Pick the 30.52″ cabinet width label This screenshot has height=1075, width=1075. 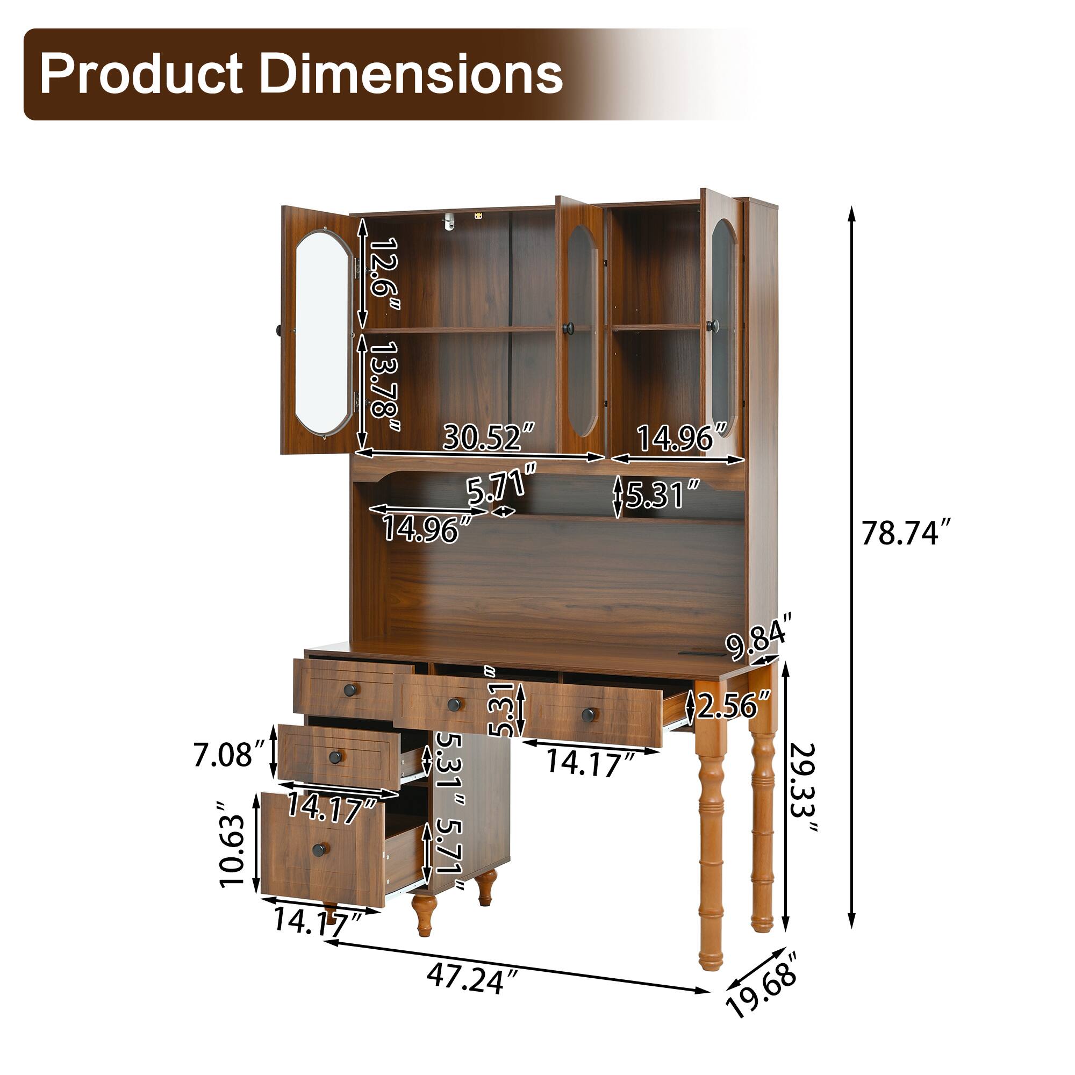(490, 438)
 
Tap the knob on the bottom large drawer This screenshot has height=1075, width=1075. (319, 849)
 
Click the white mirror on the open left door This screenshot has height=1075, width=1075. (321, 332)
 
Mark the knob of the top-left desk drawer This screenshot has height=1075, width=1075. (349, 691)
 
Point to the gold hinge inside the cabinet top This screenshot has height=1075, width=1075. (478, 216)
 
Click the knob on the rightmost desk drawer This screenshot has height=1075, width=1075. (587, 714)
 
